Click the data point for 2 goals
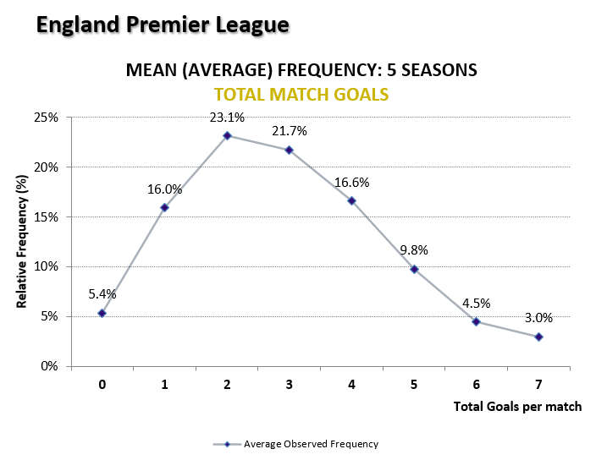(x=227, y=135)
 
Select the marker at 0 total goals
(x=102, y=313)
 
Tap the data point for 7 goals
(x=538, y=337)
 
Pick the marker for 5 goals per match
(x=414, y=269)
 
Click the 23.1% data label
(x=227, y=118)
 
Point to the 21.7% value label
(x=290, y=131)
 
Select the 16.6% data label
(x=351, y=182)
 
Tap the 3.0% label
(x=538, y=319)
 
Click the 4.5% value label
(x=476, y=304)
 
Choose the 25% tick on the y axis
(x=47, y=118)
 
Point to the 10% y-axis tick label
(x=47, y=266)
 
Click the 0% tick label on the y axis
(x=49, y=366)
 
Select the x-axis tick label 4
(x=351, y=384)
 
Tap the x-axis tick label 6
(x=476, y=384)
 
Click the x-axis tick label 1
(x=164, y=384)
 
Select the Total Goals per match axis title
(x=517, y=407)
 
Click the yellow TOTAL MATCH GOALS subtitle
(x=301, y=94)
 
